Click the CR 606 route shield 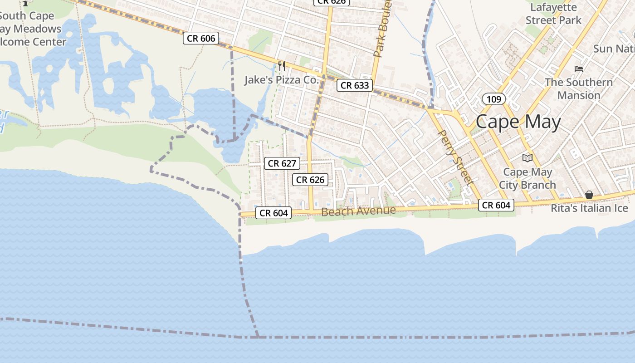click(x=201, y=38)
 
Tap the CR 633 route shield click(x=355, y=85)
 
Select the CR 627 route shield click(x=282, y=163)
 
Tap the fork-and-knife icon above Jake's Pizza click(x=282, y=66)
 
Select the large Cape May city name click(x=518, y=122)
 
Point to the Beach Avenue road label click(x=358, y=211)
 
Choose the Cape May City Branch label click(x=528, y=178)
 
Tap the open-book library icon click(x=527, y=158)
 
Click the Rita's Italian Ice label click(x=589, y=208)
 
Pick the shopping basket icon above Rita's click(x=589, y=195)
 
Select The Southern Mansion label click(x=578, y=88)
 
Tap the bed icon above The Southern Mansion click(x=579, y=69)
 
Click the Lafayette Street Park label click(x=553, y=14)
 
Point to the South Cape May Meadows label click(x=30, y=29)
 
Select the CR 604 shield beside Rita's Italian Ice click(x=496, y=205)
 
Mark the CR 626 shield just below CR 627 click(x=310, y=180)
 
